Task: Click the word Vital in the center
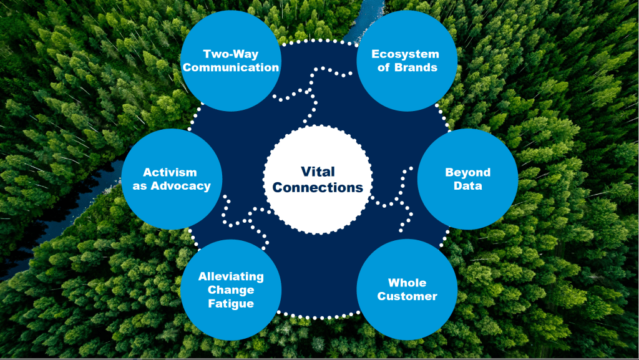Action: [x=318, y=172]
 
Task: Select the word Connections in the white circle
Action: [x=318, y=187]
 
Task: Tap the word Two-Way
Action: [x=231, y=54]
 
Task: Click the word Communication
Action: [x=231, y=67]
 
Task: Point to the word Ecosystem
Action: [x=406, y=54]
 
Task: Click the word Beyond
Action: [x=467, y=172]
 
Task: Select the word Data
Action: [x=467, y=186]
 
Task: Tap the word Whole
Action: [x=407, y=283]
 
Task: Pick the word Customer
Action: [x=407, y=296]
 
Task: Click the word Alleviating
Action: [x=231, y=276]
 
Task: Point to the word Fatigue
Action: [x=231, y=304]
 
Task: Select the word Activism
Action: [x=170, y=172]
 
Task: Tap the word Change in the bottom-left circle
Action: [x=231, y=290]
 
